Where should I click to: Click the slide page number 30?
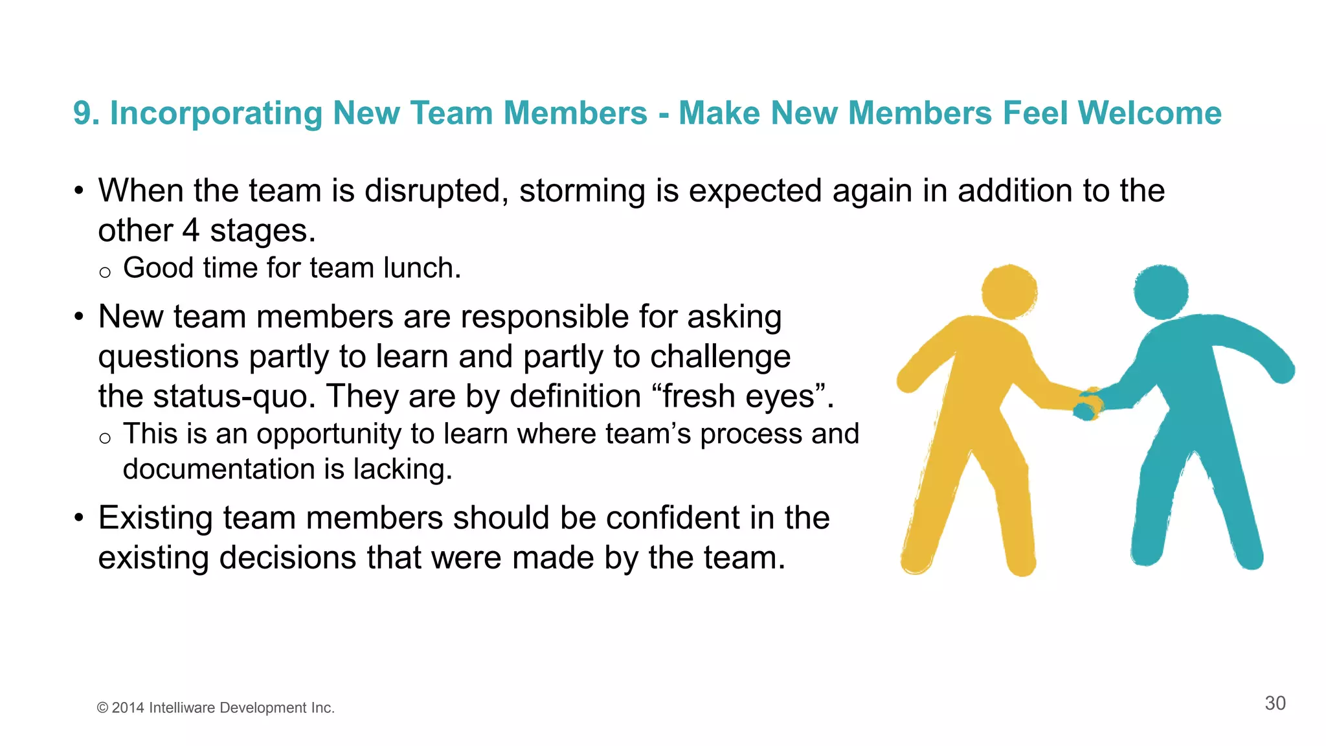click(x=1275, y=703)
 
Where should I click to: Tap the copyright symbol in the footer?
click(x=102, y=708)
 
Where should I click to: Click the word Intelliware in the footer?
click(x=182, y=708)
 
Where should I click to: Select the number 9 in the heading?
click(x=82, y=113)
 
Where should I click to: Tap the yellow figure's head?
click(x=1009, y=291)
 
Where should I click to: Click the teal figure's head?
click(x=1161, y=291)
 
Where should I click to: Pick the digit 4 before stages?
click(x=191, y=231)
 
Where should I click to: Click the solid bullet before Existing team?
click(x=79, y=518)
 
